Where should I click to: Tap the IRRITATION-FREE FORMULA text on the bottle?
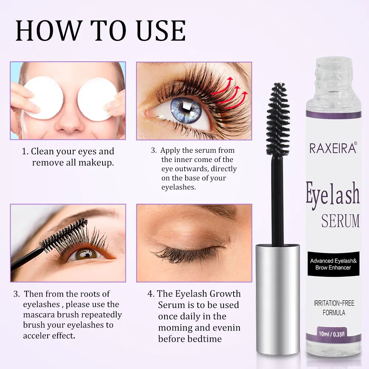[332, 308]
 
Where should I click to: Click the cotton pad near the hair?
[94, 99]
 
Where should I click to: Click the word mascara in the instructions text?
[40, 315]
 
